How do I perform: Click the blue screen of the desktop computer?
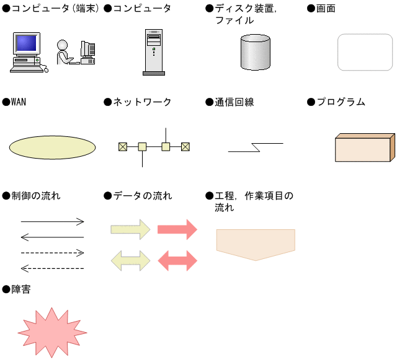coord(26,43)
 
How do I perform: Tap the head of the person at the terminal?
coord(62,45)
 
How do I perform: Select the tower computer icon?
coord(154,52)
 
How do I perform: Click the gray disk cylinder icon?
coord(255,52)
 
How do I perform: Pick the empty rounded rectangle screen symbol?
coord(365,52)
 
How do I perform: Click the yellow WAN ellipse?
coord(52,147)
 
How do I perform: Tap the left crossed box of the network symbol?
coord(123,147)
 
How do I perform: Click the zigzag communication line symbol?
coord(256,147)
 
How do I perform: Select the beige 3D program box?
coord(365,147)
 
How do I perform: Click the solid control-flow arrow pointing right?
coord(52,222)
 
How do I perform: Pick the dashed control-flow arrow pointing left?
coord(52,268)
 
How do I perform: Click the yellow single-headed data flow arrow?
coord(131,229)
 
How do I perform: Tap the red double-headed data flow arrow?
coord(177,261)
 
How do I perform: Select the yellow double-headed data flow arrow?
coord(131,261)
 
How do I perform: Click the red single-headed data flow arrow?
coord(177,229)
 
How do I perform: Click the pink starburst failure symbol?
coord(52,332)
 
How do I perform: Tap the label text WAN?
coord(19,102)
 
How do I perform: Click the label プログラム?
coord(341,102)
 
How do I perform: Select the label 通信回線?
coord(234,102)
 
